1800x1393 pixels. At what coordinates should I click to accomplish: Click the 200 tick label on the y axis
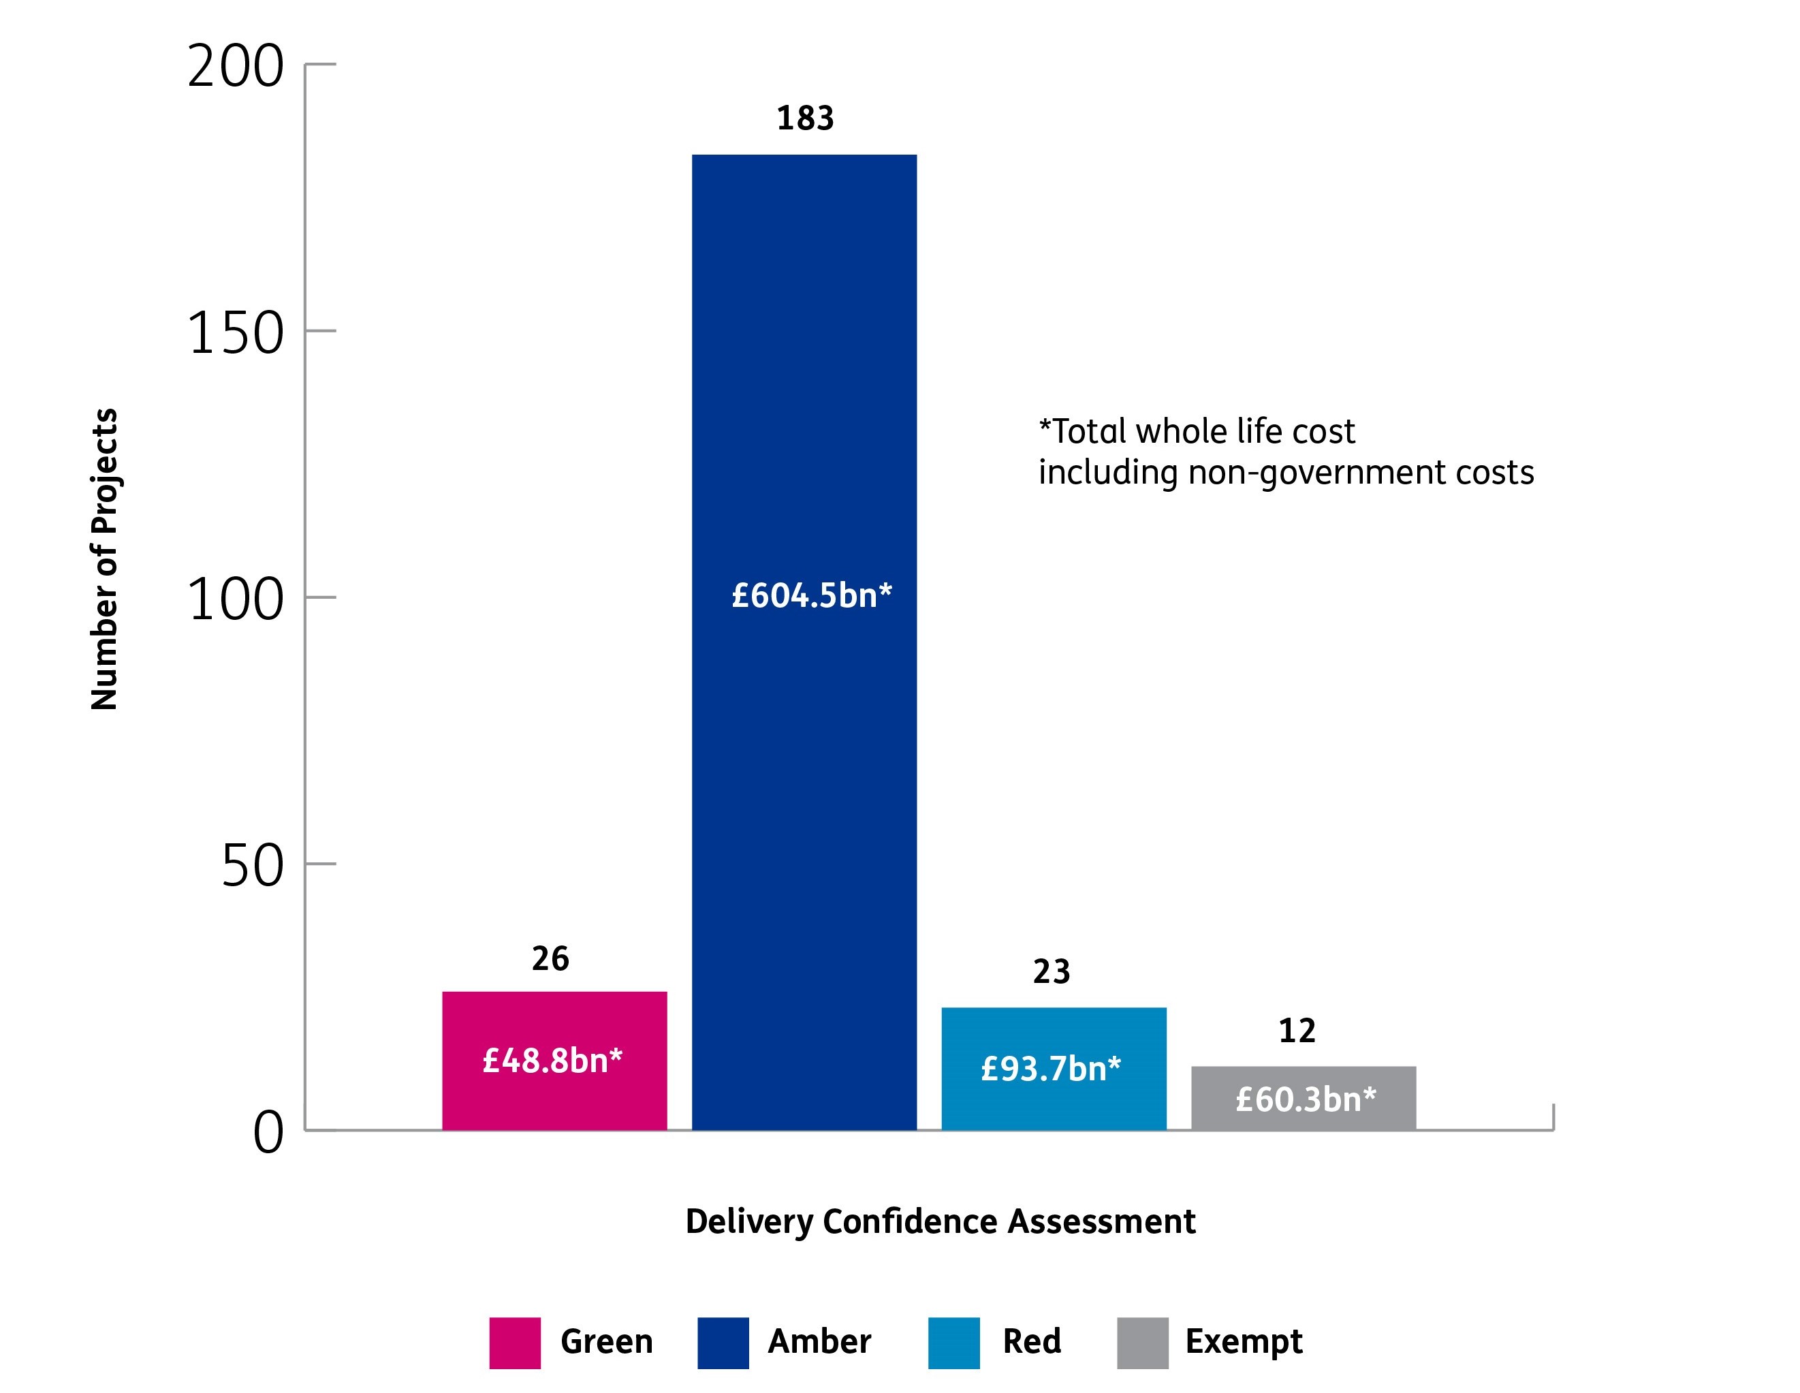pyautogui.click(x=236, y=67)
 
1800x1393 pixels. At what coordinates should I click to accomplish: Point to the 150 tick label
pyautogui.click(x=236, y=334)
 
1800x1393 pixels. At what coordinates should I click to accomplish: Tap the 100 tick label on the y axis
pyautogui.click(x=236, y=600)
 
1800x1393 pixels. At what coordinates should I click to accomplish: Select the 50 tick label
pyautogui.click(x=252, y=866)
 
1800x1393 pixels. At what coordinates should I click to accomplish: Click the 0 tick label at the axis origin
pyautogui.click(x=268, y=1133)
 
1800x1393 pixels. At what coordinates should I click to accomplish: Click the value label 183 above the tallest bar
pyautogui.click(x=805, y=119)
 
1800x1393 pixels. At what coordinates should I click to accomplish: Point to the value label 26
pyautogui.click(x=550, y=958)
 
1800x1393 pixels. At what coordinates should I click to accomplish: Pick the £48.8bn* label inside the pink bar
pyautogui.click(x=552, y=1061)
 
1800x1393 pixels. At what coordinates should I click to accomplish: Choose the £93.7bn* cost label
pyautogui.click(x=1051, y=1069)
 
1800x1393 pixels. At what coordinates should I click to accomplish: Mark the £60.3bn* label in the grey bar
pyautogui.click(x=1306, y=1099)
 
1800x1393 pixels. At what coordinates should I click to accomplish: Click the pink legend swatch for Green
pyautogui.click(x=515, y=1343)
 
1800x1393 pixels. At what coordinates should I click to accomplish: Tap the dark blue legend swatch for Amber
pyautogui.click(x=723, y=1343)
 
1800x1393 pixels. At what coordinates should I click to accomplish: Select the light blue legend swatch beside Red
pyautogui.click(x=953, y=1343)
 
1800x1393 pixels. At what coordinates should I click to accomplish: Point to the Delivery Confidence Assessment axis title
pyautogui.click(x=941, y=1221)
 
